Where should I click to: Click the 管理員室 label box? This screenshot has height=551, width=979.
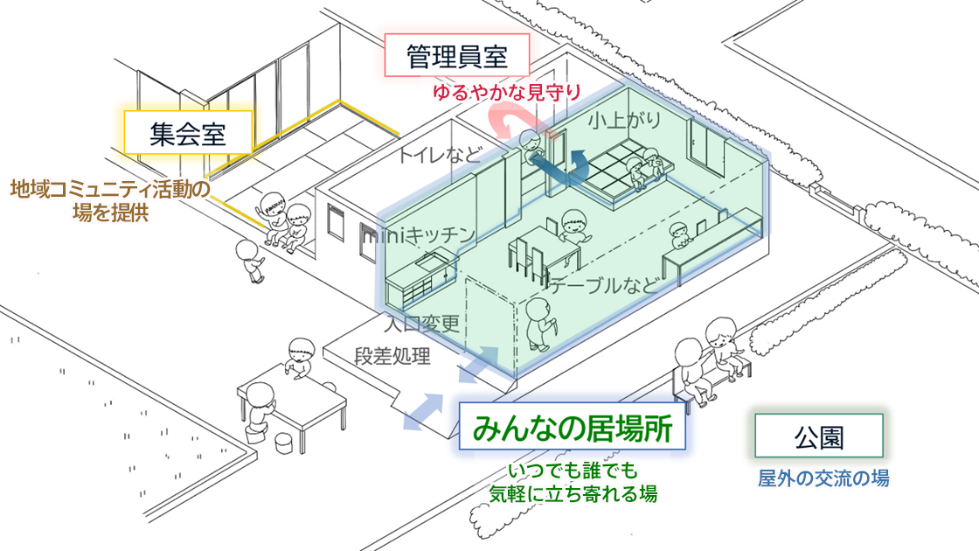(457, 58)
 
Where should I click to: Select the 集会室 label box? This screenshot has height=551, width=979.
(188, 133)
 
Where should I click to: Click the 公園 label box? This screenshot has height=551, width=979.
(819, 436)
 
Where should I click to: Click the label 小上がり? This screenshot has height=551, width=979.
(624, 120)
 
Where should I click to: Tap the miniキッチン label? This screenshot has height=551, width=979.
(420, 234)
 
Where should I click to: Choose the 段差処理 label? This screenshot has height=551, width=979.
(392, 356)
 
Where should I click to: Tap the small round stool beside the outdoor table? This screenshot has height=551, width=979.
(285, 443)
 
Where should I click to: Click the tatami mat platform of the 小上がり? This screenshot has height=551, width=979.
(612, 174)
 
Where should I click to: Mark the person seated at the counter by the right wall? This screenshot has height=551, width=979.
(679, 234)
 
